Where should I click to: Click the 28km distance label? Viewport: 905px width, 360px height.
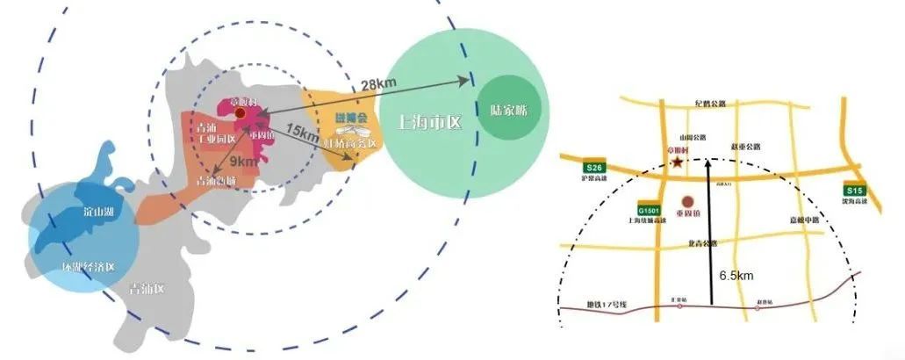(x=378, y=84)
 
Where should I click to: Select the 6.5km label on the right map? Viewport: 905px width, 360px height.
(x=736, y=276)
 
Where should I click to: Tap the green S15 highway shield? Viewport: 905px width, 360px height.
(x=852, y=191)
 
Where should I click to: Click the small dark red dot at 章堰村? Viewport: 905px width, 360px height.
(x=240, y=113)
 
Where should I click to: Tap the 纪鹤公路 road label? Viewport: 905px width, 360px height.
(x=710, y=103)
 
